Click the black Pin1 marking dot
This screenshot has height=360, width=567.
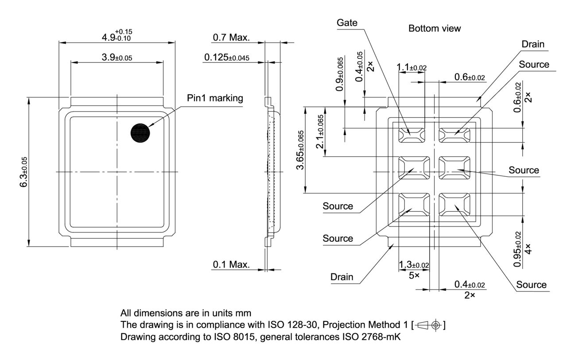(x=140, y=133)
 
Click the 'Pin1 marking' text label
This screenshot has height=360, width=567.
(x=215, y=98)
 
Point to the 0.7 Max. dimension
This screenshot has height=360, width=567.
(x=231, y=38)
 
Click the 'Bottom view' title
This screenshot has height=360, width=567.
(x=434, y=28)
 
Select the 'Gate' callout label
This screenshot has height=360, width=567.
(x=347, y=22)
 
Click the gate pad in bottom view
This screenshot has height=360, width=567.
(x=412, y=133)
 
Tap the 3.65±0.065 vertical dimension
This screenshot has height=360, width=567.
(x=301, y=150)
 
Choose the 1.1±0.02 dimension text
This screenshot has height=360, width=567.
(x=412, y=67)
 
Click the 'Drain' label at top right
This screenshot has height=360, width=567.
(x=532, y=44)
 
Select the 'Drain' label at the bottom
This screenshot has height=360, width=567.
(x=342, y=277)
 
